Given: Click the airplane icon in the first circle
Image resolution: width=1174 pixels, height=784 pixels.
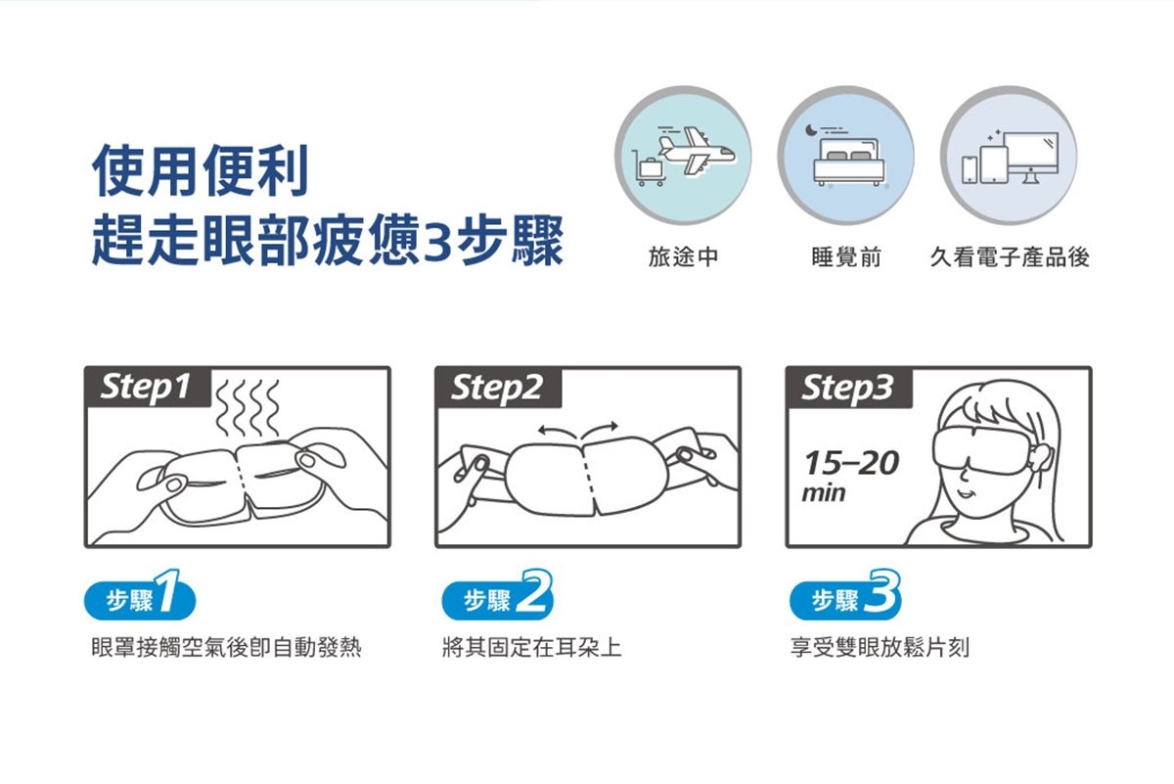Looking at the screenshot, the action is point(696,150).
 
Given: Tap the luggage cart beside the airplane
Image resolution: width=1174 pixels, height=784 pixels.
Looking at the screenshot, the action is point(649,167).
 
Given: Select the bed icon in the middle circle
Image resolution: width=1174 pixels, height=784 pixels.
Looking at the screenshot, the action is point(848,161).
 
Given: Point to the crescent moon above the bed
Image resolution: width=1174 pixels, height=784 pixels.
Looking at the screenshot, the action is point(811,129).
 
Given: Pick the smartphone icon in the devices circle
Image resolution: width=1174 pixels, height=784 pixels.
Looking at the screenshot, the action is point(970,170).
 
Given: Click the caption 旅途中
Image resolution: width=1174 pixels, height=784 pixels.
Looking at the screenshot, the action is point(683,257).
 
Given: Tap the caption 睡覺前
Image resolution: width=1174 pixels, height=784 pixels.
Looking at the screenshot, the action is point(846,257).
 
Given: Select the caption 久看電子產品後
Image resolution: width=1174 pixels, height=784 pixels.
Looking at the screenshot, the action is point(1010,257).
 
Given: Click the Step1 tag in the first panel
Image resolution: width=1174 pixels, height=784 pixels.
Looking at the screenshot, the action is point(148,388).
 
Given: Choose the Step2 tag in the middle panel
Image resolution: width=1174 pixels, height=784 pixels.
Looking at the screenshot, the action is point(498,388).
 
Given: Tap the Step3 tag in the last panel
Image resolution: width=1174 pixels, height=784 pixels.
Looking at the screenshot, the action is point(849,388).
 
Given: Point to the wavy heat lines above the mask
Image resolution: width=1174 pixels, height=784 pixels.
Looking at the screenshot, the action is point(247,408).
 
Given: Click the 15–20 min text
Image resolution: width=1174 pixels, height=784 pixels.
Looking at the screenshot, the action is point(850,476).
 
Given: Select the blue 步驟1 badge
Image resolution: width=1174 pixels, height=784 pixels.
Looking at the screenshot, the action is point(140,597).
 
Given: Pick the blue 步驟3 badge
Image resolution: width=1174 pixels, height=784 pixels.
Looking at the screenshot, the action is point(845,597).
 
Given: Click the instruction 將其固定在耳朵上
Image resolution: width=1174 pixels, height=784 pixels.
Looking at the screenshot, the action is point(532,647).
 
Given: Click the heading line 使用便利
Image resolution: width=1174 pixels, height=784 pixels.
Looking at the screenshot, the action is point(201,170).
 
